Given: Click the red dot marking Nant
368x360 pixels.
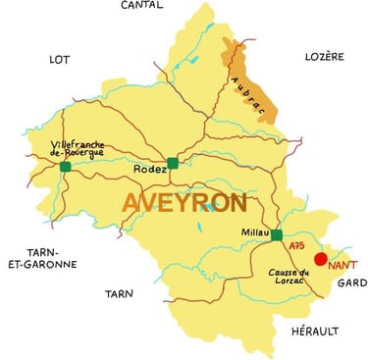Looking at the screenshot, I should (x=320, y=259).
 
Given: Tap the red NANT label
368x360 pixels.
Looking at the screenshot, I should (x=342, y=266).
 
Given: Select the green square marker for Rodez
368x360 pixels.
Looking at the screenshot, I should (x=173, y=163).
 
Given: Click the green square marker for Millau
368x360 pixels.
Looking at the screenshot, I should (x=277, y=235).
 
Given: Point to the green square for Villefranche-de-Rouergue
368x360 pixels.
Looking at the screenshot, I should (x=66, y=167).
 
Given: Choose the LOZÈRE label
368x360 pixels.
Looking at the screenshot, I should (x=324, y=57).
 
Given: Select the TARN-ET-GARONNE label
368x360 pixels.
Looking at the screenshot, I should (x=29, y=258).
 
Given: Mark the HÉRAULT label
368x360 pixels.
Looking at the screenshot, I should (x=315, y=333).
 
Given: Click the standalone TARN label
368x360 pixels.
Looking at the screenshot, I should (x=119, y=293).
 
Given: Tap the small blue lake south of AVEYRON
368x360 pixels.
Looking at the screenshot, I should (x=199, y=227).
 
